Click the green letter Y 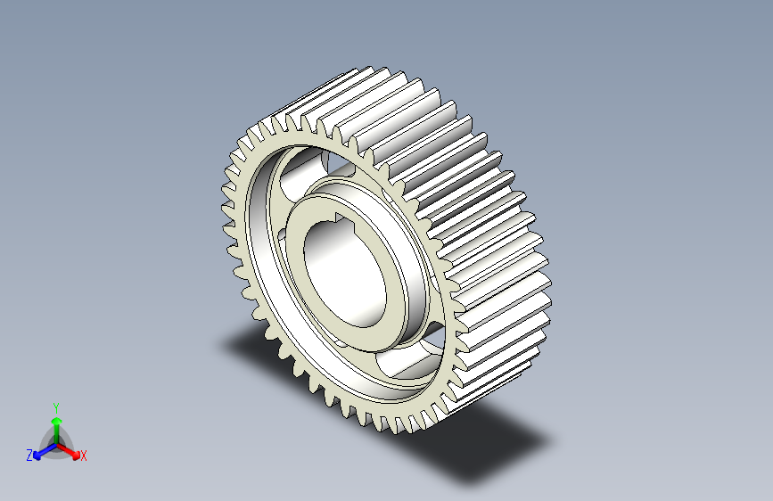click(x=56, y=408)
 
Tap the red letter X click(x=83, y=456)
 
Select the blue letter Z click(x=29, y=456)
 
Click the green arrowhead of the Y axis click(x=57, y=421)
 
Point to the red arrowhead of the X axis click(x=75, y=454)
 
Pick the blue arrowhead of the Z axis click(x=37, y=456)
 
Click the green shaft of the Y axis click(x=57, y=434)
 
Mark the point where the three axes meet click(x=57, y=445)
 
